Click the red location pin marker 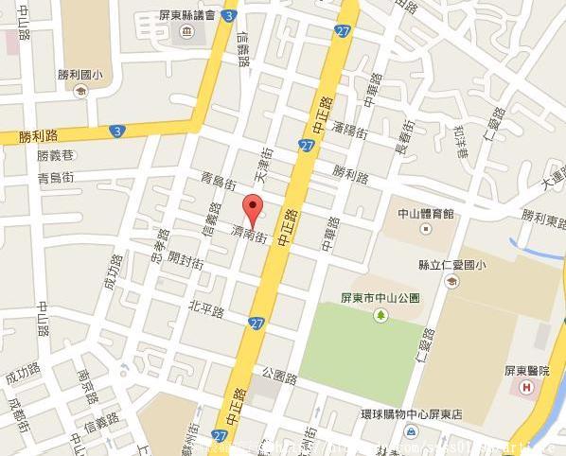252,207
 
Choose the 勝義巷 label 55,155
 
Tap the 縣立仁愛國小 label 451,265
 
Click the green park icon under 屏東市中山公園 380,314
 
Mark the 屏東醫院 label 528,370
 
